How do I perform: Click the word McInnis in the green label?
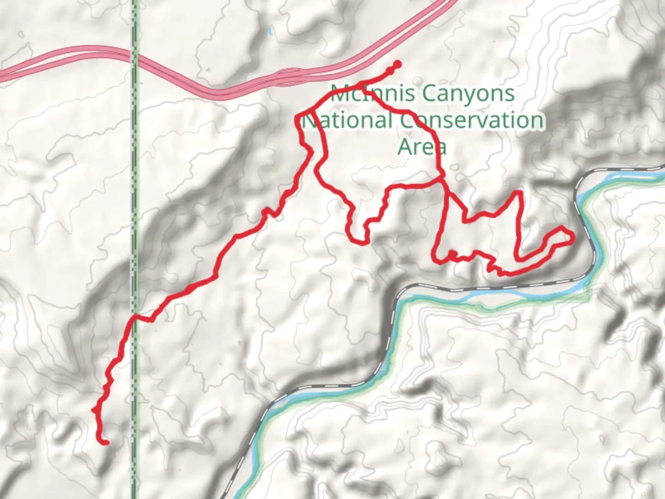click(358, 94)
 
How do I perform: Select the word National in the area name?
click(346, 121)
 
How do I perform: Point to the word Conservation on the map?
click(471, 121)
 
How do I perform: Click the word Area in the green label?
click(422, 147)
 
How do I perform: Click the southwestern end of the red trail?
click(105, 443)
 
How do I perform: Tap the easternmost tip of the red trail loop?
click(573, 237)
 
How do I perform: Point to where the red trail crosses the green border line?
click(135, 317)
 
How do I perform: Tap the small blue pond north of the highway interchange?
click(269, 32)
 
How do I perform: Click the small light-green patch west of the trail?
click(277, 171)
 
